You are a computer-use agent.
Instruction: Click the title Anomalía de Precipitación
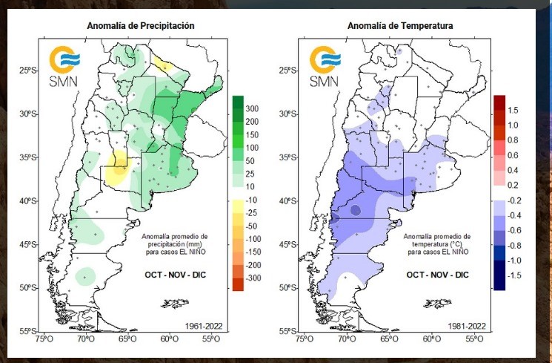point(141,26)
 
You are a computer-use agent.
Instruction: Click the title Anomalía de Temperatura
point(401,26)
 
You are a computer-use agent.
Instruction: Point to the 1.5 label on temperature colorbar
point(513,110)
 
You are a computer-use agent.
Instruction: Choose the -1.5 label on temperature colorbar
point(512,275)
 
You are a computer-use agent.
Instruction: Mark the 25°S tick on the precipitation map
point(29,71)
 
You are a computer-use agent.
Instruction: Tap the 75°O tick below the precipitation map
point(44,339)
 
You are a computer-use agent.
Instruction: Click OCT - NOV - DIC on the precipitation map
point(175,275)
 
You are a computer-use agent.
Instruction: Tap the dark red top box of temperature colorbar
point(499,102)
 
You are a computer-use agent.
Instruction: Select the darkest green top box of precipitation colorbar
point(238,102)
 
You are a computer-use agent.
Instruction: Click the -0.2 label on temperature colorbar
point(513,200)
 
